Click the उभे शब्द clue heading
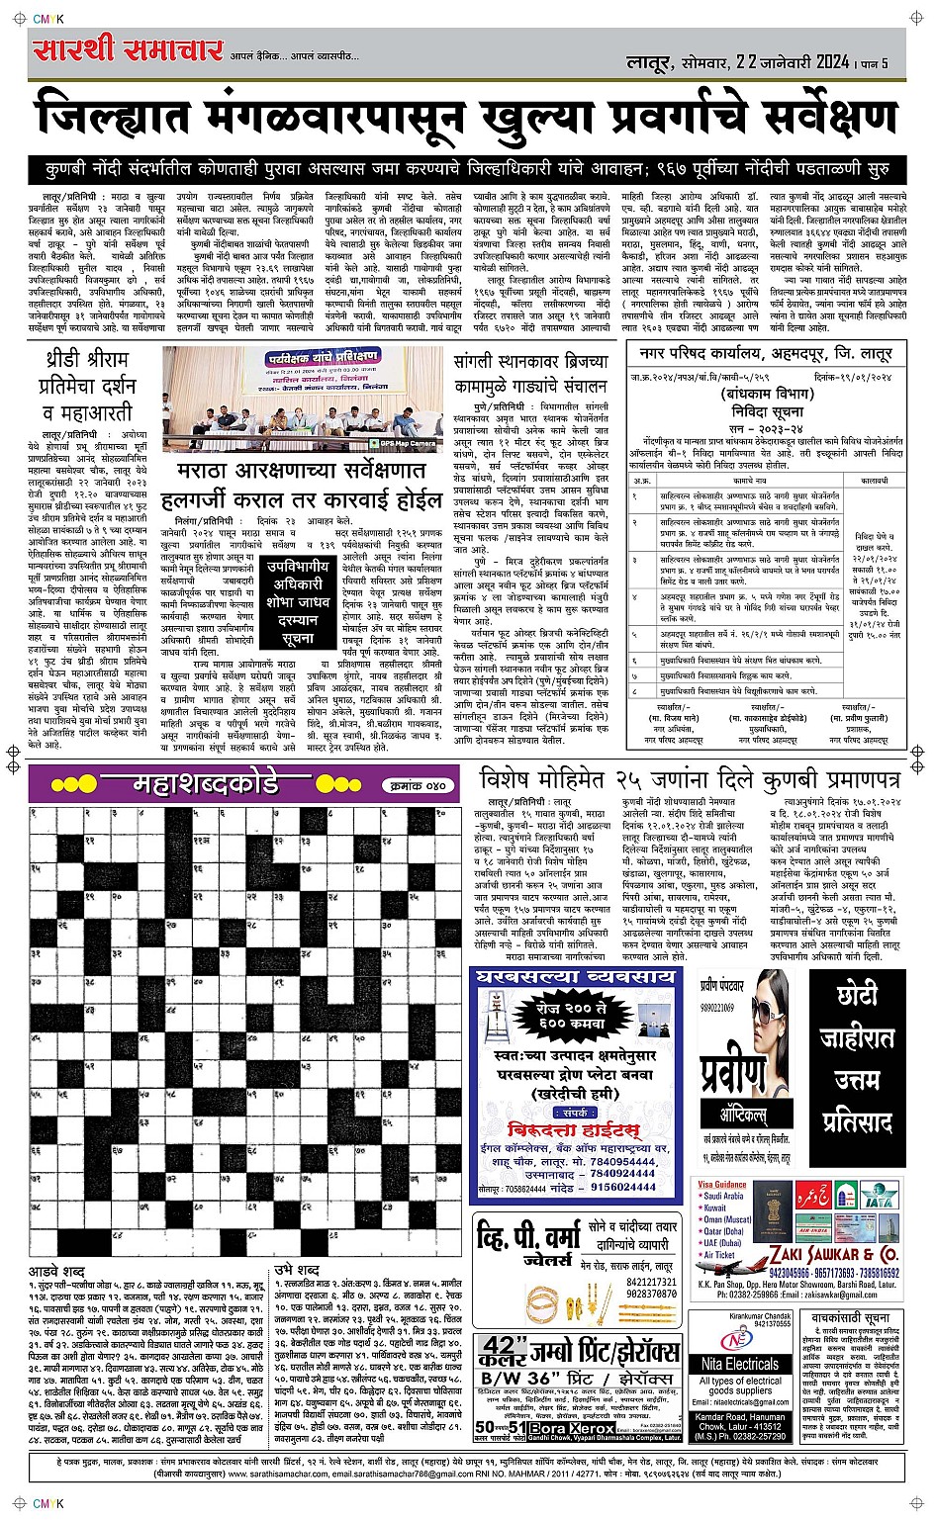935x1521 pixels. click(x=296, y=1269)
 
